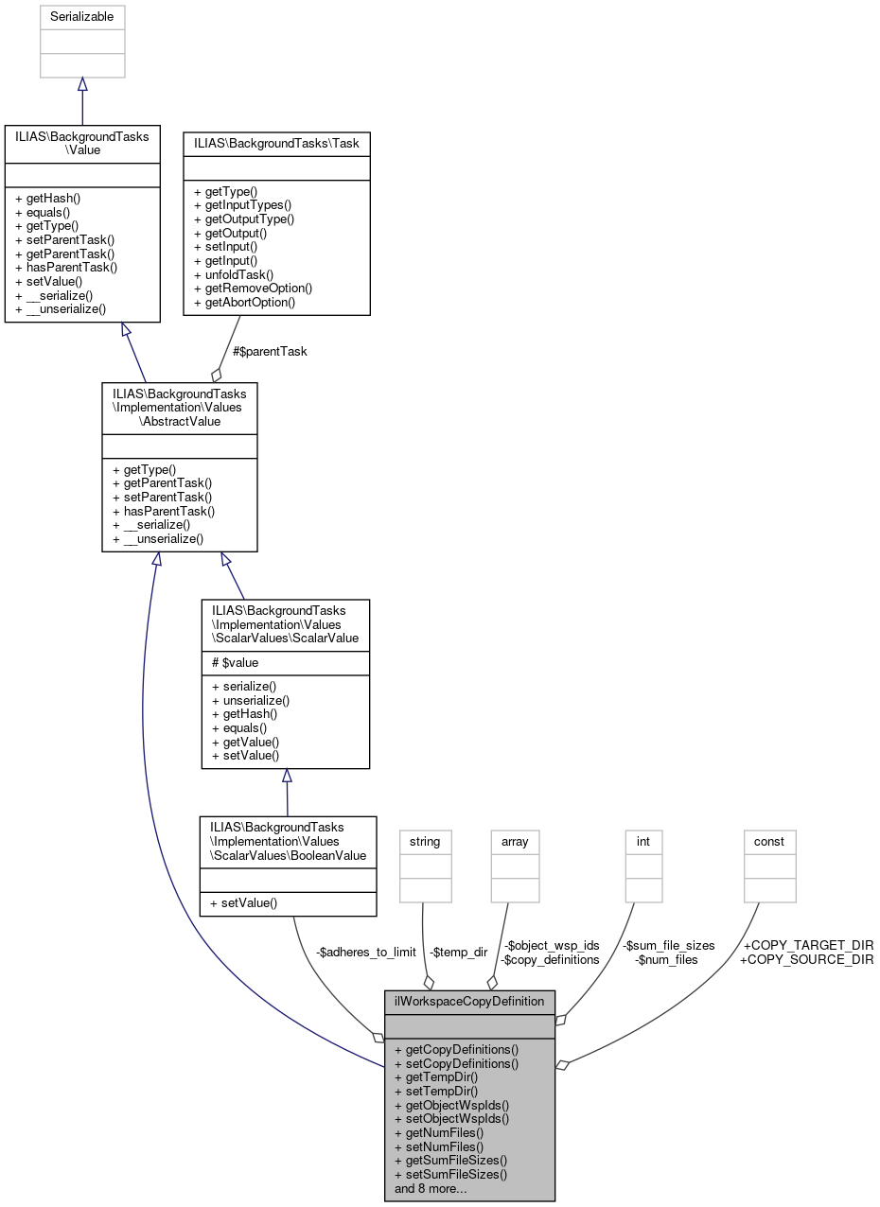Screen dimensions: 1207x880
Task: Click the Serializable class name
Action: [82, 17]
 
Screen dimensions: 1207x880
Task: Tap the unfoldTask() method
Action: [233, 274]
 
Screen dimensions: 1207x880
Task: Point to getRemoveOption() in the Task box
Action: [253, 289]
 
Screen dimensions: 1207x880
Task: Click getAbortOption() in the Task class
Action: [244, 303]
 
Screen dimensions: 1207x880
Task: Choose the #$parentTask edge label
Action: [270, 351]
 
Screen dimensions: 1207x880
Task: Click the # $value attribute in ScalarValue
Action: [234, 663]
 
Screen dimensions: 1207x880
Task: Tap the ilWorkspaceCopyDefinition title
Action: [469, 1001]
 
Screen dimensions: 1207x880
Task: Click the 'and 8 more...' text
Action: [431, 1188]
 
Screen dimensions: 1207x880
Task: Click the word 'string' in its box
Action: [425, 841]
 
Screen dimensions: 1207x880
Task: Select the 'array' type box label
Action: [515, 841]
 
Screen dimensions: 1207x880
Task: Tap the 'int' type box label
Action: [643, 841]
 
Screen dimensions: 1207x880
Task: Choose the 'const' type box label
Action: [769, 841]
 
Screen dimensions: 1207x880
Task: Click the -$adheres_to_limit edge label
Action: [365, 952]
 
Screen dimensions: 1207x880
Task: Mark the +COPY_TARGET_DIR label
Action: [806, 945]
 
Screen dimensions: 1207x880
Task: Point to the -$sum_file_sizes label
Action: [667, 945]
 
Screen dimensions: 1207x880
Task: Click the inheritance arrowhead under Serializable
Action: [82, 85]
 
